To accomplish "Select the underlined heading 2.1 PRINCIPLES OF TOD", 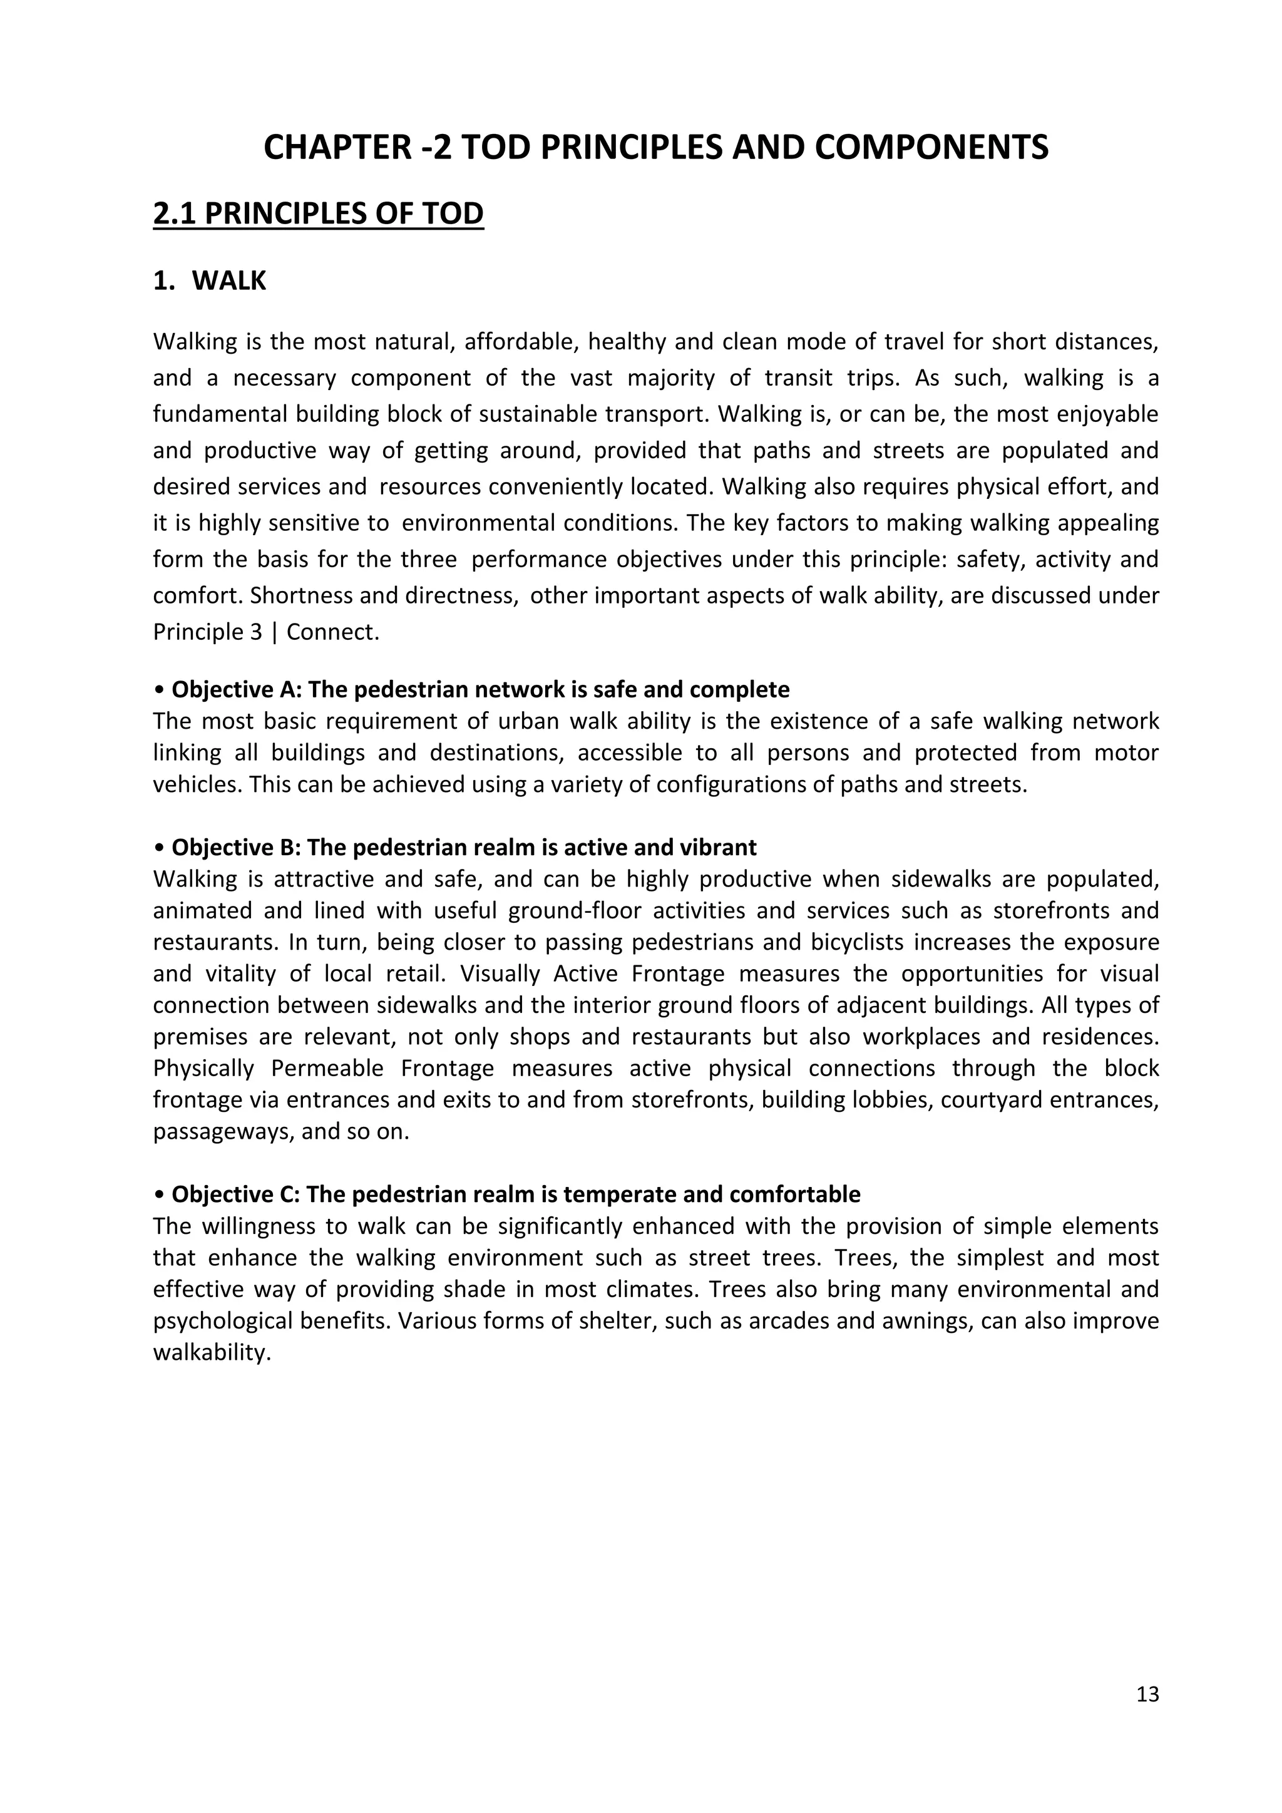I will point(318,214).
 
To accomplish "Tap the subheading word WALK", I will point(229,281).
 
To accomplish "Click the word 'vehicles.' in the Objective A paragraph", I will point(188,785).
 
